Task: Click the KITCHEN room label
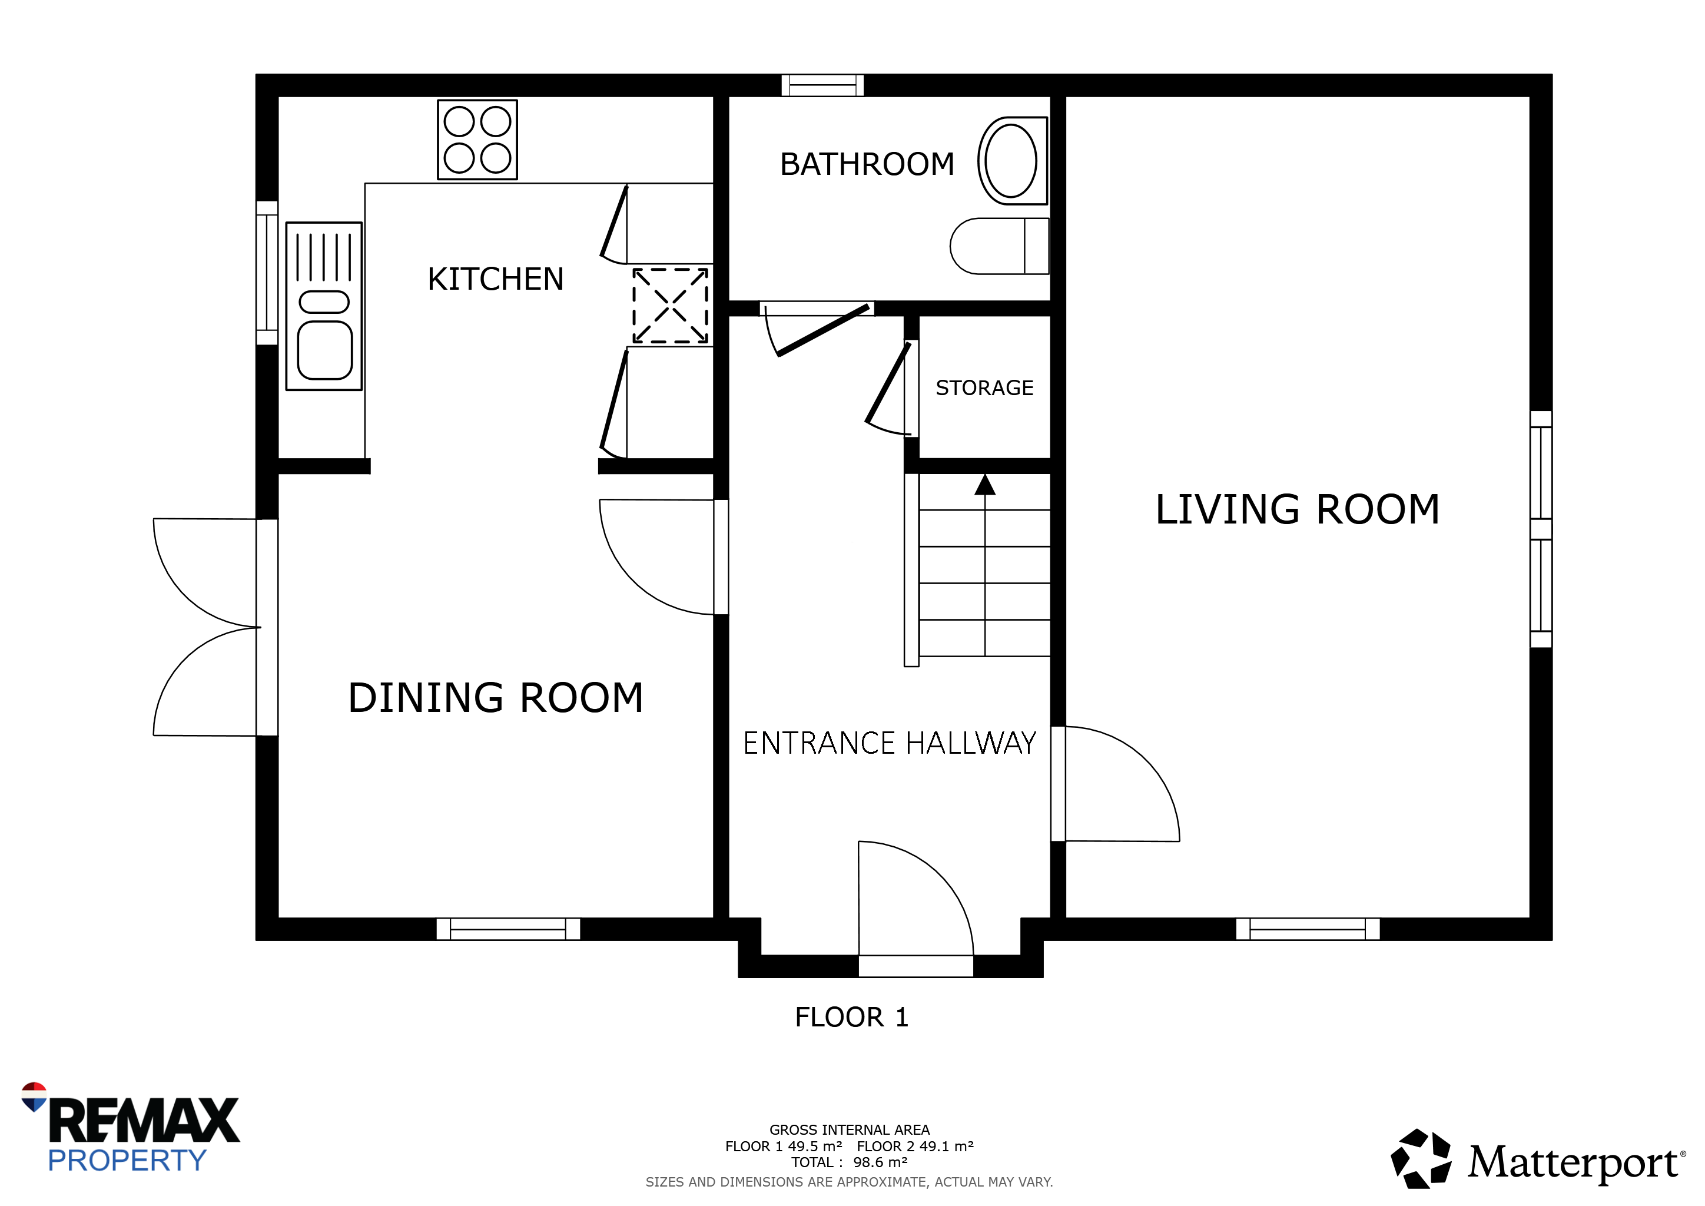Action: pyautogui.click(x=495, y=279)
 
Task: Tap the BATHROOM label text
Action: pyautogui.click(x=867, y=164)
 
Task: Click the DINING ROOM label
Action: pyautogui.click(x=495, y=698)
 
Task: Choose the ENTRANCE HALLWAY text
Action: pyautogui.click(x=890, y=743)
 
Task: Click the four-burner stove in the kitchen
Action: pyautogui.click(x=477, y=140)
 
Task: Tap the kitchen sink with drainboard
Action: pyautogui.click(x=324, y=306)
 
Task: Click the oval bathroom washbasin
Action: pyautogui.click(x=1012, y=160)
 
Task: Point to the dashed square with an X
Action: pyautogui.click(x=670, y=306)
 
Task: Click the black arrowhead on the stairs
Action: pyautogui.click(x=985, y=484)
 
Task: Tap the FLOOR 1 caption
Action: pyautogui.click(x=852, y=1018)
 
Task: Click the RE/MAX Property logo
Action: pyautogui.click(x=130, y=1129)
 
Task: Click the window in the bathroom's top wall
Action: pyautogui.click(x=823, y=85)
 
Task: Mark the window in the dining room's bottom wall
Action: pyautogui.click(x=508, y=929)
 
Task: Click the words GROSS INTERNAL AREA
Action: pyautogui.click(x=850, y=1129)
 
